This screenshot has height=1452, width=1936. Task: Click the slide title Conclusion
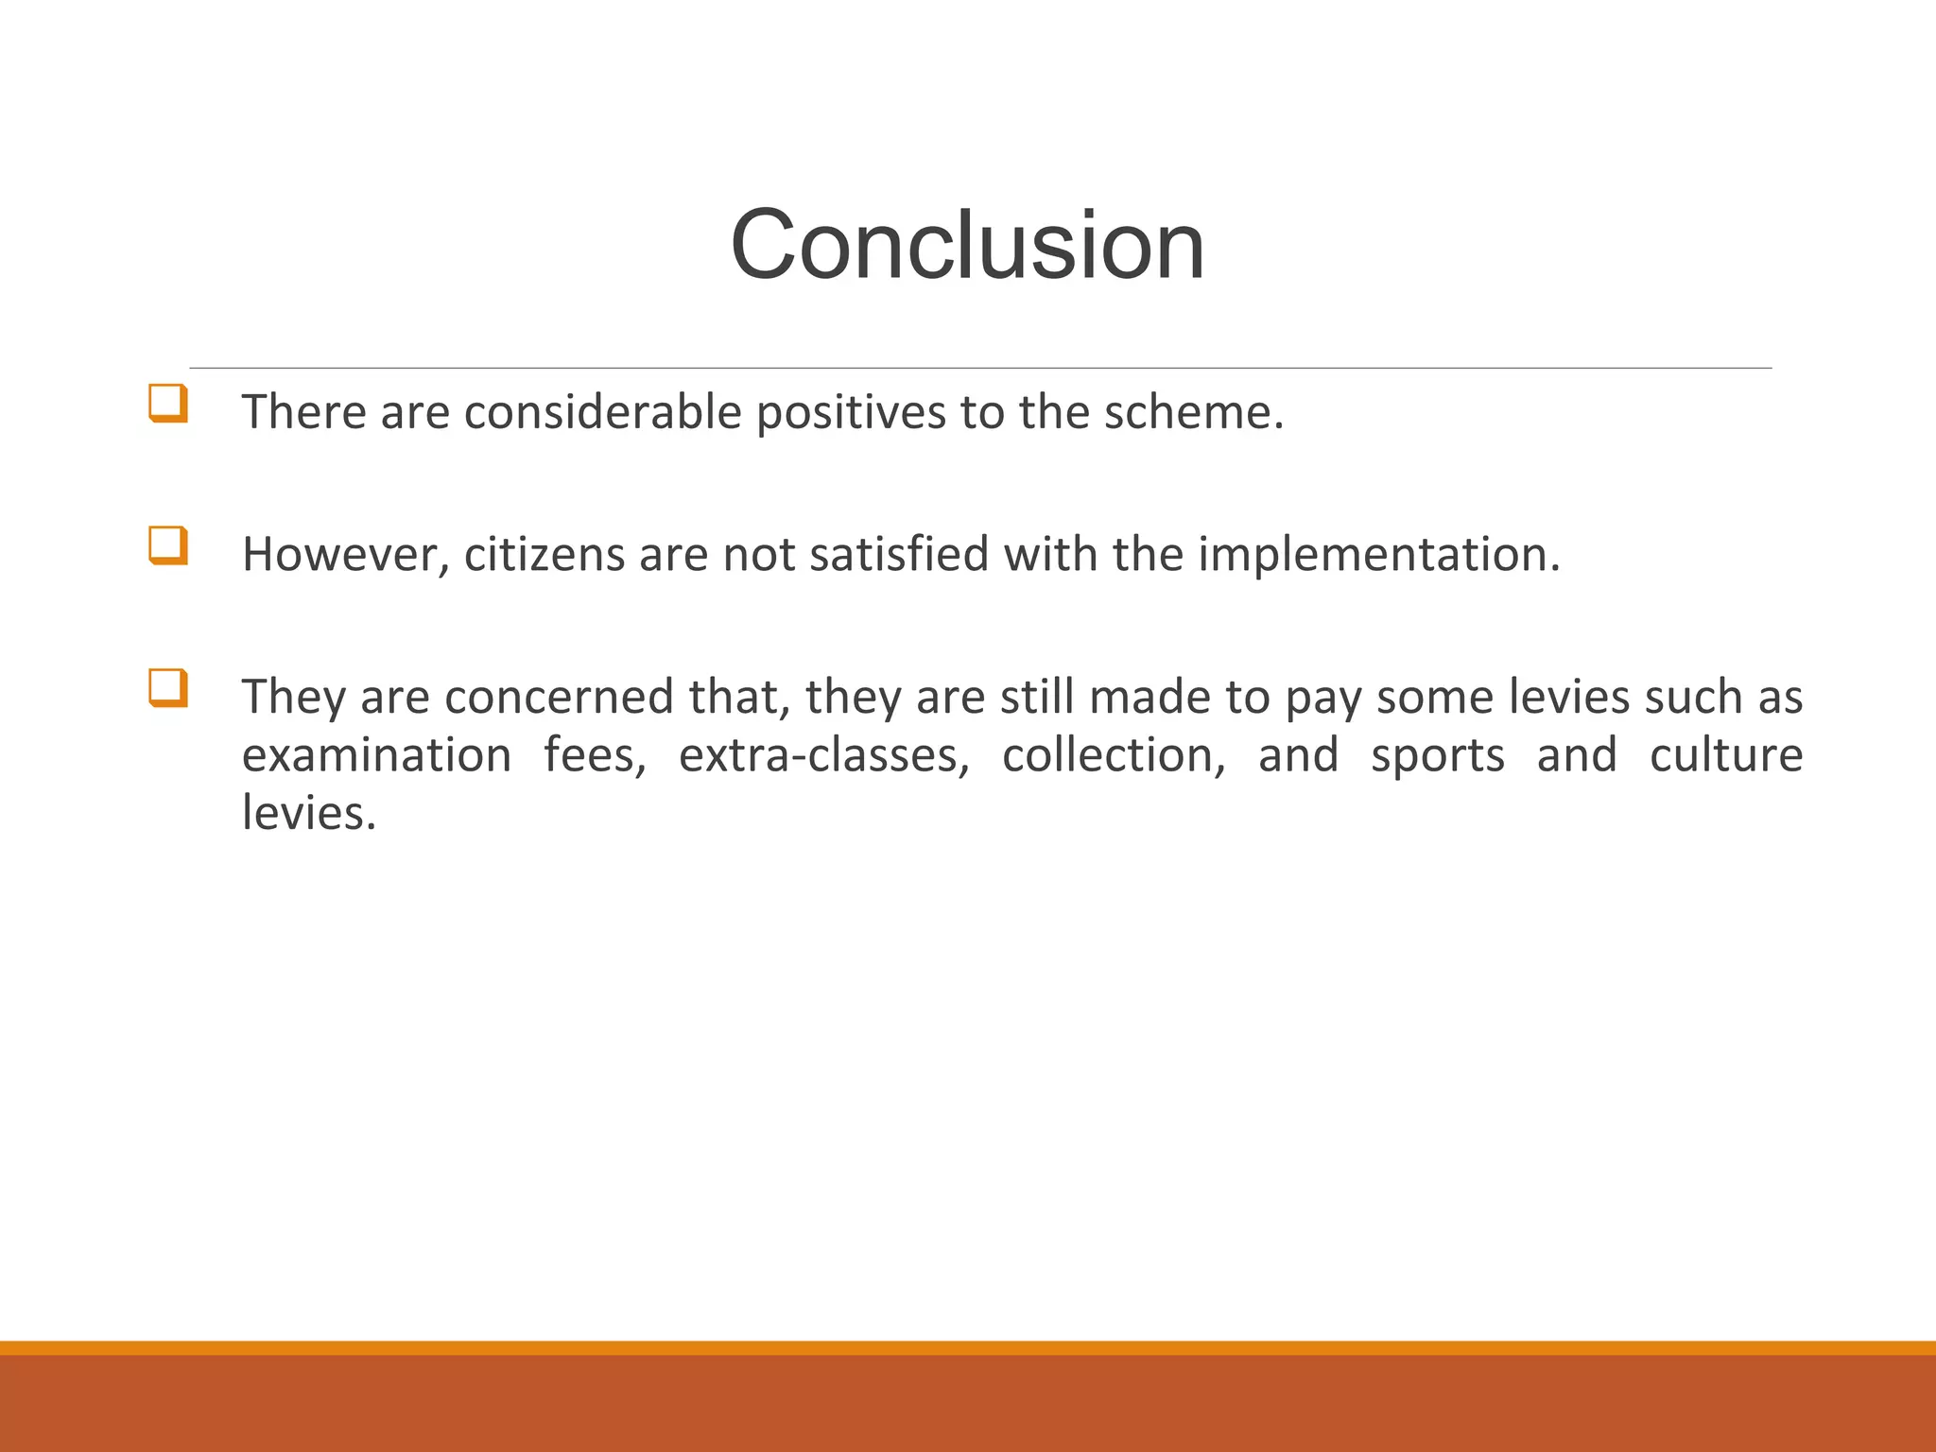967,245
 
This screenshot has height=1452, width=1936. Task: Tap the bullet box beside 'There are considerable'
167,404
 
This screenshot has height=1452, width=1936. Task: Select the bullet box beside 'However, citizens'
167,545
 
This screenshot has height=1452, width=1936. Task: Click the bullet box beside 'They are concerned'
167,688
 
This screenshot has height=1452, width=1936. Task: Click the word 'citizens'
544,555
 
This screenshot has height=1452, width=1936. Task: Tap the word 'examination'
376,755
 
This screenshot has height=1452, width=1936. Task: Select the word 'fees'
593,755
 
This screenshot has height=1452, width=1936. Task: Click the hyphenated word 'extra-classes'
822,755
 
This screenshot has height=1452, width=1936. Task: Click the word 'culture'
1726,755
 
